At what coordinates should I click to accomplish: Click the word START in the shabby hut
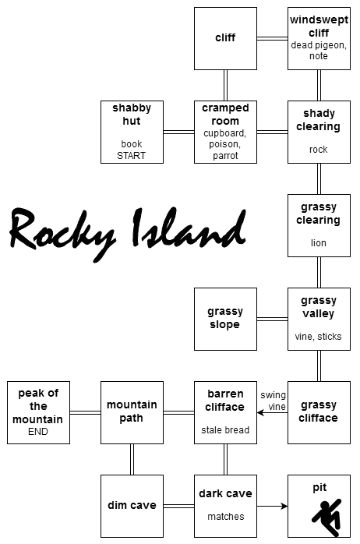[132, 155]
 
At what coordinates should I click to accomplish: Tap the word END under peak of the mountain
[38, 432]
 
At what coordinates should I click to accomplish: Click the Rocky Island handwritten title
[128, 233]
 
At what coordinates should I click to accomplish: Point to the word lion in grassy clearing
[319, 243]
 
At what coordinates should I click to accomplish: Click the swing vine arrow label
[274, 401]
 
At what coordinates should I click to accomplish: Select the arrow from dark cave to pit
[272, 506]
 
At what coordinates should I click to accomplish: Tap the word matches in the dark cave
[226, 517]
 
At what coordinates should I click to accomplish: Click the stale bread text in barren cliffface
[225, 430]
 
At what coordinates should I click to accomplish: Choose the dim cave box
[132, 506]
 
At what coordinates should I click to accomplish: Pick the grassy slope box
[225, 319]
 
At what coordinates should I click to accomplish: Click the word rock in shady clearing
[319, 150]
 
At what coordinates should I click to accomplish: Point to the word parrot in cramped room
[225, 156]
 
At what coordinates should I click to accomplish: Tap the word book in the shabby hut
[132, 144]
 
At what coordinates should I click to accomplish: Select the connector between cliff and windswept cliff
[272, 38]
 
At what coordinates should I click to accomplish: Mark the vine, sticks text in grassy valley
[319, 337]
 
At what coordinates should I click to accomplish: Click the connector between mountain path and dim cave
[132, 459]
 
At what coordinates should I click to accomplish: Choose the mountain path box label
[132, 412]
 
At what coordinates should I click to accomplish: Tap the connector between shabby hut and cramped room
[179, 132]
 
